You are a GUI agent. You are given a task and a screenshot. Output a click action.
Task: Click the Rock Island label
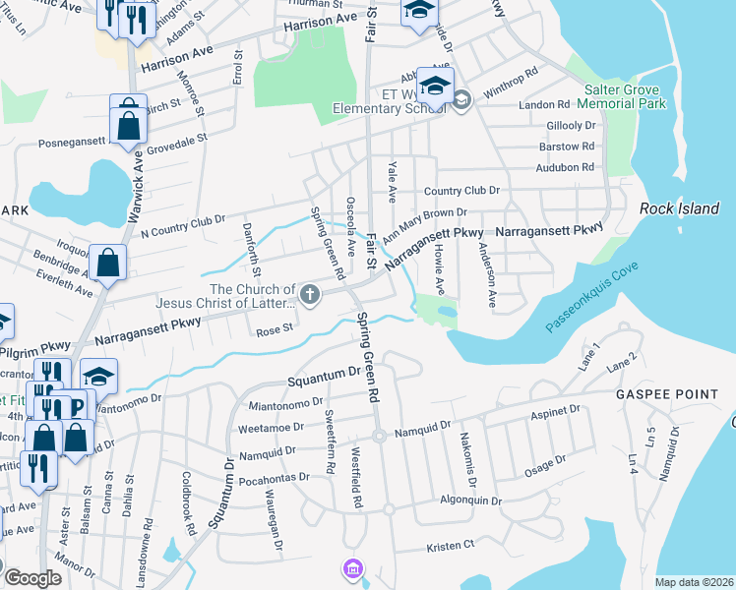click(675, 208)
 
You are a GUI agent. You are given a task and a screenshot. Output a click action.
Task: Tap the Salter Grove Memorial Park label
click(626, 96)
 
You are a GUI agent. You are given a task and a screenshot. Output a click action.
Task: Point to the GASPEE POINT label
click(667, 394)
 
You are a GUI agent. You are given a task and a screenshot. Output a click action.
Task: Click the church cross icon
click(309, 294)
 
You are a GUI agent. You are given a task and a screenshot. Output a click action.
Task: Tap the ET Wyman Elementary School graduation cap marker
click(434, 87)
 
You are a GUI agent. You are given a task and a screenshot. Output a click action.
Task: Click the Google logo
click(31, 578)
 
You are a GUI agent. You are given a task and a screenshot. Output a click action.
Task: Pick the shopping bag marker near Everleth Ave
click(108, 262)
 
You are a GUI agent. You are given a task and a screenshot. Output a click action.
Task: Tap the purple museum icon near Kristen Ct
click(352, 568)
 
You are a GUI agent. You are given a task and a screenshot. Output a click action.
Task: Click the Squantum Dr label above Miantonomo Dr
click(324, 376)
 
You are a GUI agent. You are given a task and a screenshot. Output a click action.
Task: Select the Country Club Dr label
click(461, 190)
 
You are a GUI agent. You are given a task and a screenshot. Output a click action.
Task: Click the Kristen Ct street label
click(450, 544)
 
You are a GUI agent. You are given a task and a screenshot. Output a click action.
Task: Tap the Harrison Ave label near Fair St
click(320, 19)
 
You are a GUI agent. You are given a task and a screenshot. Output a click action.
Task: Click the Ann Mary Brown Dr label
click(424, 224)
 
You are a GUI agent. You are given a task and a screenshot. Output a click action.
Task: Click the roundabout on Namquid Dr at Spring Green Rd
click(378, 437)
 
